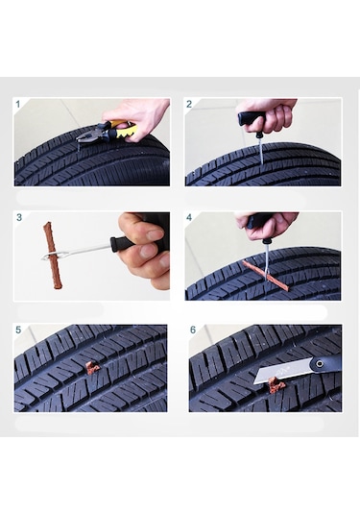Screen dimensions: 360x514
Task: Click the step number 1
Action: [x=18, y=105]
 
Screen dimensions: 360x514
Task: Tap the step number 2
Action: [x=189, y=105]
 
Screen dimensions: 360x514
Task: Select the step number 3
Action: [x=19, y=217]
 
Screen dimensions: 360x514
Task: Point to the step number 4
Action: [x=189, y=217]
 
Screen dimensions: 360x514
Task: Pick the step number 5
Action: [x=18, y=330]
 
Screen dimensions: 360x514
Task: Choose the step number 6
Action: [x=193, y=330]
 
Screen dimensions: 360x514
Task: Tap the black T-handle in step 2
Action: [x=252, y=119]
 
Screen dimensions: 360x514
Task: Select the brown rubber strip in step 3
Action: [x=53, y=256]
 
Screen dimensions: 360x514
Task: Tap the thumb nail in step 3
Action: [x=156, y=234]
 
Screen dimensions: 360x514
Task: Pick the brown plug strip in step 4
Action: [x=266, y=276]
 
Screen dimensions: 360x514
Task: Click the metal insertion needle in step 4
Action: [x=267, y=259]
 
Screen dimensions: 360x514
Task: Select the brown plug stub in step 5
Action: [x=92, y=368]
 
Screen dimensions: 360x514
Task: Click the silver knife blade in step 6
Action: [x=281, y=371]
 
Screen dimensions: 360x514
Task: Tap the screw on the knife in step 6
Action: [x=319, y=363]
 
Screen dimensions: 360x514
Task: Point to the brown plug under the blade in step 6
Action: [x=276, y=384]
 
